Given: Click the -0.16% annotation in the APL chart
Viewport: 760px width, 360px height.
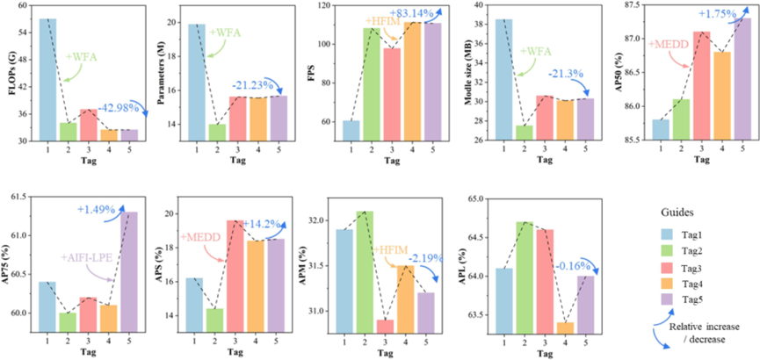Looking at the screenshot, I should click(x=561, y=261).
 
